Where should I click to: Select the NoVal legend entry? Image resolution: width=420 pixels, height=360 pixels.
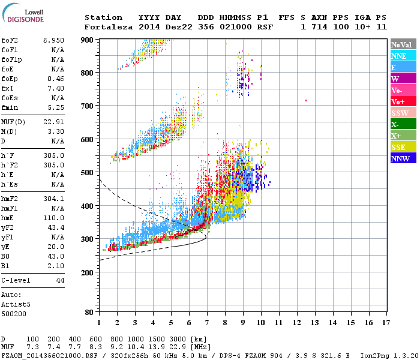click(x=401, y=44)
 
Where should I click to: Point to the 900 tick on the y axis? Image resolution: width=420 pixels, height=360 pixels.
click(x=88, y=40)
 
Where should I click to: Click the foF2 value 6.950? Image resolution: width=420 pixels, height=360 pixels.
click(x=53, y=40)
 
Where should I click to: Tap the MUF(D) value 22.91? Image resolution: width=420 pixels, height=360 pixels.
click(x=53, y=122)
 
